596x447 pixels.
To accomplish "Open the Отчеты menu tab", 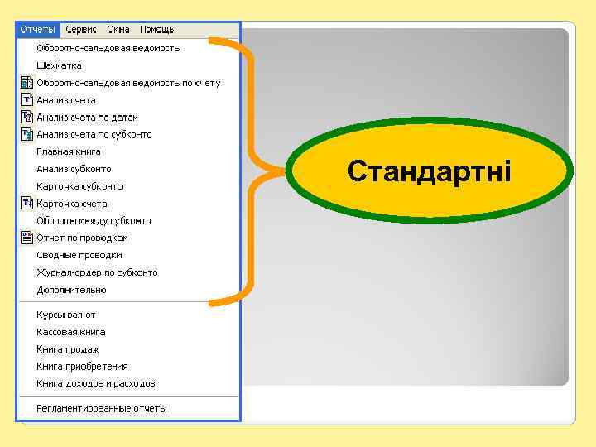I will [x=38, y=30].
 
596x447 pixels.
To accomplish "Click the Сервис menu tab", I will [x=81, y=30].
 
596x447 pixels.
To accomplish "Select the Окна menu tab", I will [x=118, y=30].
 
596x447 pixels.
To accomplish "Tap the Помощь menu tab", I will [x=156, y=30].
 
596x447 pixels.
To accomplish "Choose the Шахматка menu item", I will [x=59, y=65].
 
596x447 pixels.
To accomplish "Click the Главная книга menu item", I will [x=69, y=151].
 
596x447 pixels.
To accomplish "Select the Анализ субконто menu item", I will [x=74, y=169].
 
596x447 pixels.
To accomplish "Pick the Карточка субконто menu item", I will [x=79, y=186].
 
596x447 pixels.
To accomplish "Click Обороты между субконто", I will [x=94, y=221].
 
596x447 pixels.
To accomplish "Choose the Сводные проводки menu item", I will [x=79, y=255].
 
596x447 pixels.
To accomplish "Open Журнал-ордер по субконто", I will [x=97, y=272].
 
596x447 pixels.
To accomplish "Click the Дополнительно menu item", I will [x=71, y=290].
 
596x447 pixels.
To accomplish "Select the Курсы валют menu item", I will [x=66, y=315].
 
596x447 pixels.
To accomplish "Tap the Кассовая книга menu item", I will [x=71, y=332].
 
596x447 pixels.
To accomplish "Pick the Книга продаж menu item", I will [x=68, y=349].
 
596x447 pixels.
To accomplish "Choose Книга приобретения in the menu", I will [x=82, y=366].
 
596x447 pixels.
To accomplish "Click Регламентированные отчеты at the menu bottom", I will [x=102, y=408].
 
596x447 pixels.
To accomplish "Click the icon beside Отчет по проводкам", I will [x=26, y=238].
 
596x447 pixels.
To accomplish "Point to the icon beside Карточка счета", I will [x=26, y=204].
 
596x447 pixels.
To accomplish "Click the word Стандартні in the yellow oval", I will [x=430, y=171].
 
